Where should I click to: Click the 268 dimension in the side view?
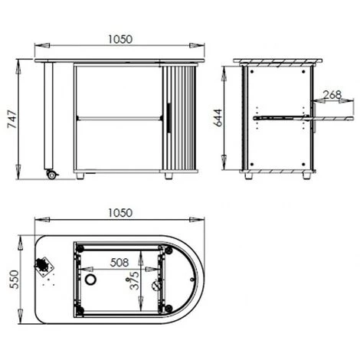click(332, 96)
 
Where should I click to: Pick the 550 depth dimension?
click(10, 279)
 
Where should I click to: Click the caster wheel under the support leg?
click(52, 175)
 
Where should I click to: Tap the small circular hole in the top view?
click(93, 282)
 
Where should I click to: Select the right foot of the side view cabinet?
click(306, 175)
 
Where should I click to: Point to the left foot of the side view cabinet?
click(250, 175)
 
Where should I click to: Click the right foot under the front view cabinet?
click(168, 175)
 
